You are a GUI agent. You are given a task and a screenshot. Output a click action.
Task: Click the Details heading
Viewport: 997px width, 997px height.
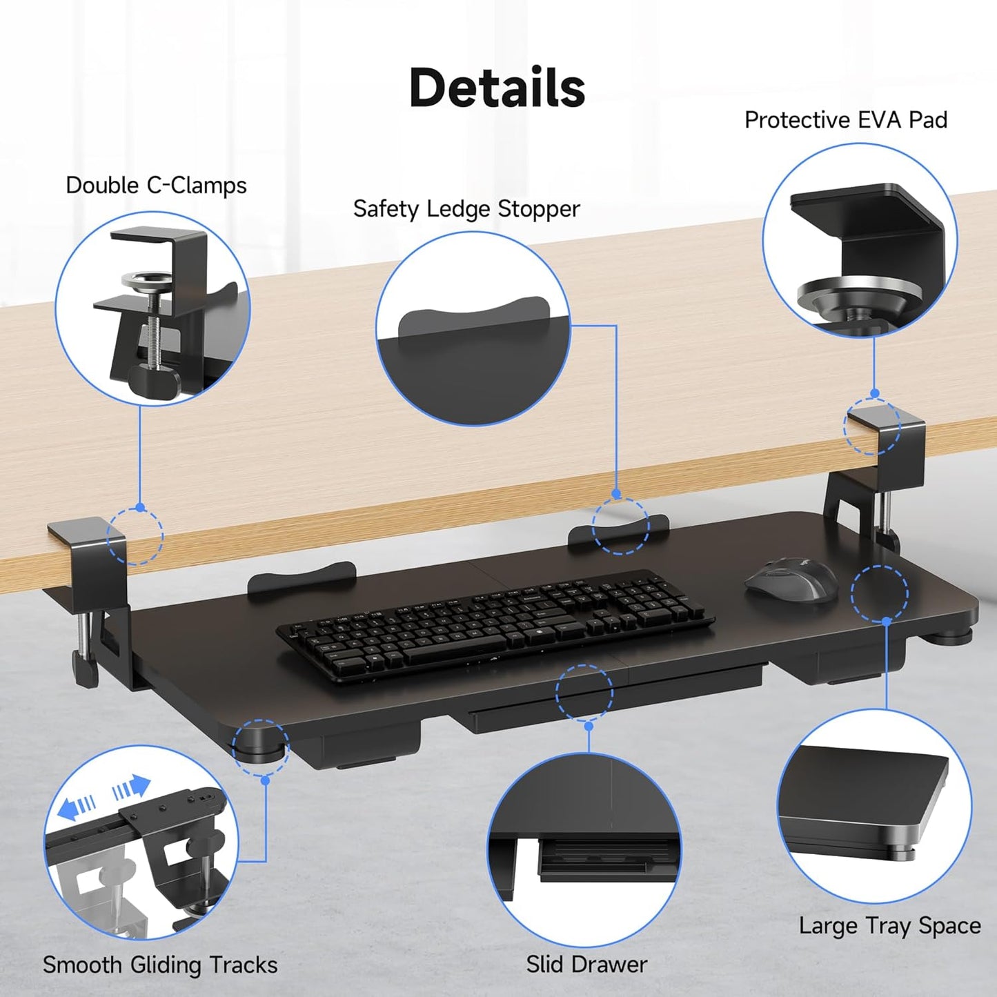point(497,88)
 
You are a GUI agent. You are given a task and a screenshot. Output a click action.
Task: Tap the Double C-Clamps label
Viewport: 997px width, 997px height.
point(156,186)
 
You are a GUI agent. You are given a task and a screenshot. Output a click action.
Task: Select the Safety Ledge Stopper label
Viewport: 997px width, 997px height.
point(466,209)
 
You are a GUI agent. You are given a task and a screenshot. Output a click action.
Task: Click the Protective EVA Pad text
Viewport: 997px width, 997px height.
point(845,120)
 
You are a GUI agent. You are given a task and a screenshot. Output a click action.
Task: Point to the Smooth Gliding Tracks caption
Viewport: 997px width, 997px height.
point(160,964)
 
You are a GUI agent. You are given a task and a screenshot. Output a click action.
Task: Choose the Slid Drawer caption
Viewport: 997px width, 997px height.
point(586,964)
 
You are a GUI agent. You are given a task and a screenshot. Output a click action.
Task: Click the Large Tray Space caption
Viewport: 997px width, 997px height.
point(889,926)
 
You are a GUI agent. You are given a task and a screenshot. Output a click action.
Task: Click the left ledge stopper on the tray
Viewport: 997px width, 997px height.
point(302,578)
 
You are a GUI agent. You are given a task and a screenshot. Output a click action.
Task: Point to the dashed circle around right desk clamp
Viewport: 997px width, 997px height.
point(872,426)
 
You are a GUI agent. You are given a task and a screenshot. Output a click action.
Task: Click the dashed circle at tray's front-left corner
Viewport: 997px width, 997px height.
point(261,747)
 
